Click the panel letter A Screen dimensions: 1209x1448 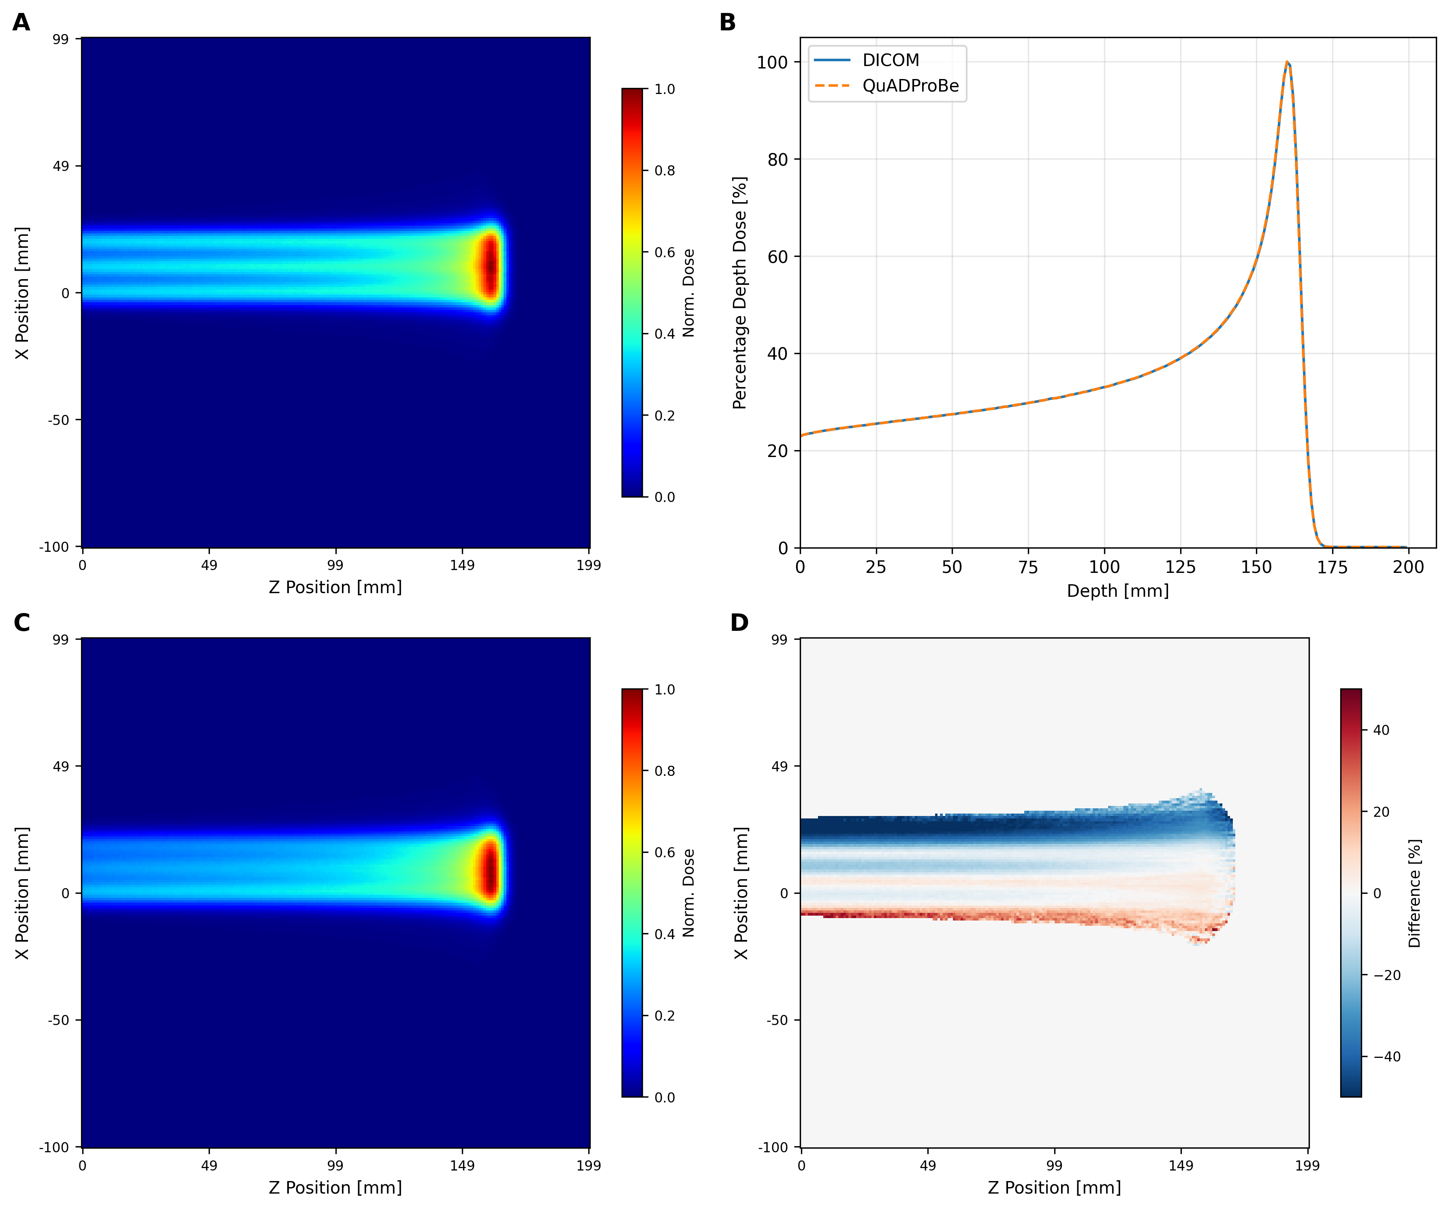coord(21,23)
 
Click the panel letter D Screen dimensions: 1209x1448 coord(739,623)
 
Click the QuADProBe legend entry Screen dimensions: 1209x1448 coord(910,85)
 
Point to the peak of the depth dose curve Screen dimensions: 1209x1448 coord(1287,62)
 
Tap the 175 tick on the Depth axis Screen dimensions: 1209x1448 coord(1332,567)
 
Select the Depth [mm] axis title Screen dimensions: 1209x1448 coord(1118,591)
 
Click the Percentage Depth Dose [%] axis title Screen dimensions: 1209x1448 coord(740,293)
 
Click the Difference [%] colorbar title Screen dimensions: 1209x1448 coord(1415,893)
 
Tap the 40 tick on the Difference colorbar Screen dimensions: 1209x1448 coord(1381,730)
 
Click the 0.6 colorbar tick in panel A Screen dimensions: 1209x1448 coord(665,252)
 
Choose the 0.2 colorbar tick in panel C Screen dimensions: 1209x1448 coord(665,1016)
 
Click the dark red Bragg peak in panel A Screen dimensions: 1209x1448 coord(489,267)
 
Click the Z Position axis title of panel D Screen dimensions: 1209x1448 coord(1054,1188)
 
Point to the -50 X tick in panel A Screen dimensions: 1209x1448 coord(59,420)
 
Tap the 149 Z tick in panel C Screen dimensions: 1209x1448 coord(462,1166)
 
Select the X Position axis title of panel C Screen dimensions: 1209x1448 coord(22,893)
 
